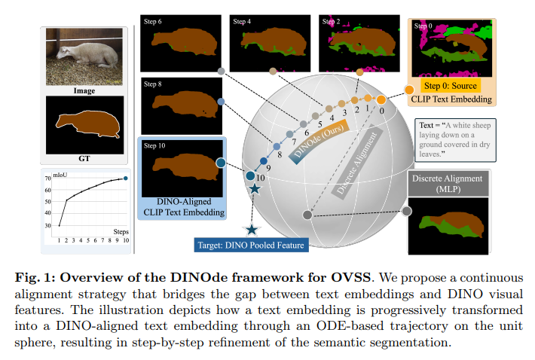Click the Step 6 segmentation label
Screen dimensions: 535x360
click(x=152, y=22)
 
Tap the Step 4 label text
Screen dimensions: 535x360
click(x=242, y=22)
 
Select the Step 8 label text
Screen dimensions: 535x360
click(x=152, y=84)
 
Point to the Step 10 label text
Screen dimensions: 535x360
click(x=154, y=145)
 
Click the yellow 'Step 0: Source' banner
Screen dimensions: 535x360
click(x=451, y=86)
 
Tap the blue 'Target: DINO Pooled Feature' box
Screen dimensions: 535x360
click(x=251, y=245)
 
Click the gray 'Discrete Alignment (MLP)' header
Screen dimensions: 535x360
click(x=448, y=184)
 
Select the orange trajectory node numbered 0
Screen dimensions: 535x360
click(x=381, y=99)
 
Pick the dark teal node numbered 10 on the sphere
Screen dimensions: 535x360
click(x=250, y=176)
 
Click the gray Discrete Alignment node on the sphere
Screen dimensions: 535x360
click(x=307, y=215)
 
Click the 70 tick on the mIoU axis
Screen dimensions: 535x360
click(x=47, y=178)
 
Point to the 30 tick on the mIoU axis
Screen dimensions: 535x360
click(x=47, y=226)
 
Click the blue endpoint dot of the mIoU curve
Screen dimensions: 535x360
click(x=126, y=178)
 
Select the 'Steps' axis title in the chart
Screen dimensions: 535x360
click(x=121, y=232)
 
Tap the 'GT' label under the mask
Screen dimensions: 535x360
click(x=84, y=158)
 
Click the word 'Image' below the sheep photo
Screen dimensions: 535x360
click(x=84, y=90)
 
